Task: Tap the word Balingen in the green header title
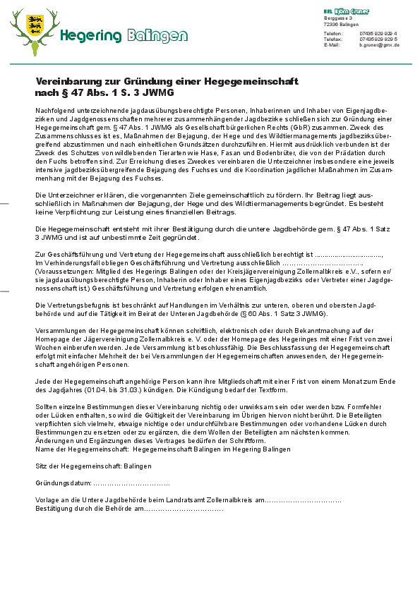click(158, 35)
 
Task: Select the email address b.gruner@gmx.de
click(379, 44)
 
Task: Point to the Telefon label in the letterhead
click(333, 33)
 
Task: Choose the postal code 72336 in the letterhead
click(330, 24)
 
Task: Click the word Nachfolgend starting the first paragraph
click(54, 111)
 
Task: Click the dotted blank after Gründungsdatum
click(131, 483)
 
